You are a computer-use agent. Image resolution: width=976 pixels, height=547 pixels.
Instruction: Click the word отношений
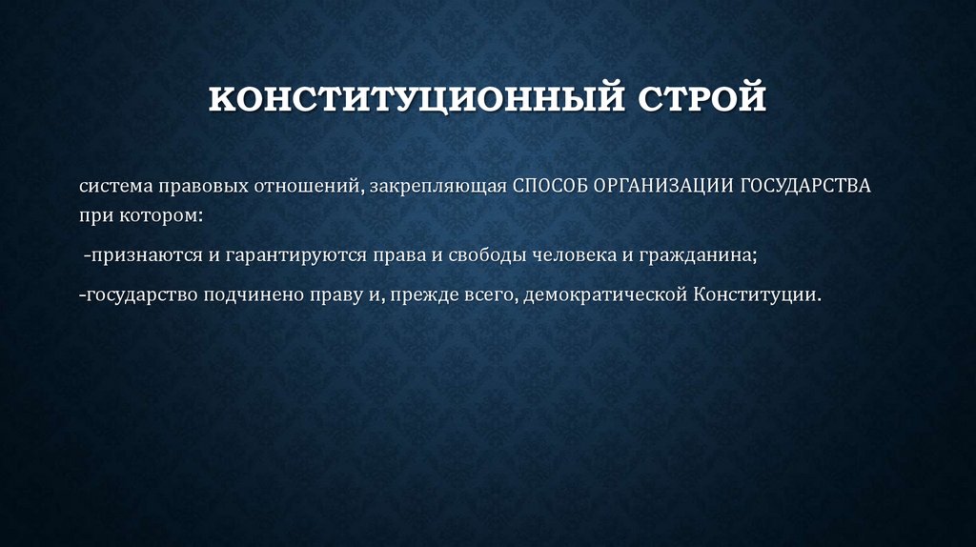pyautogui.click(x=306, y=187)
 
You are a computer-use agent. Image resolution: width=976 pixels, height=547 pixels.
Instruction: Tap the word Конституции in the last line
pyautogui.click(x=757, y=295)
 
